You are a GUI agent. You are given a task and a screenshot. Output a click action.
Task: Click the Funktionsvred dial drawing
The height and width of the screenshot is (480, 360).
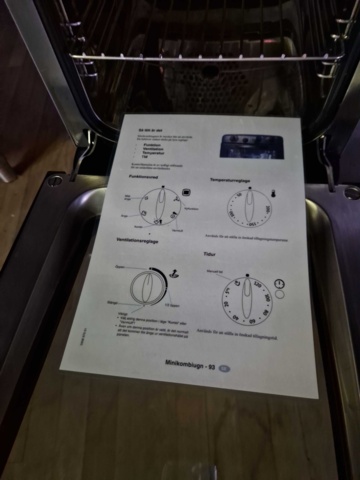tap(155, 205)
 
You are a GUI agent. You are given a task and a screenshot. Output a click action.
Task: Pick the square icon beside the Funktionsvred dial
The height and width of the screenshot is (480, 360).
tap(191, 187)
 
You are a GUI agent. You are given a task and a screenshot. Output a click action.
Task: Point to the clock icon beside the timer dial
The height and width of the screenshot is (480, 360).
tap(281, 285)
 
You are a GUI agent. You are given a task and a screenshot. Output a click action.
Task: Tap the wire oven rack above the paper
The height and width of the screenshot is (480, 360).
tap(200, 58)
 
